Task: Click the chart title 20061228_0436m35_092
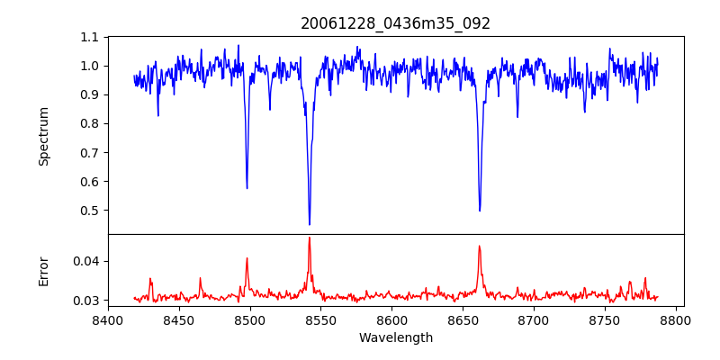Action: (x=395, y=23)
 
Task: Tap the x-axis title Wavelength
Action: (x=395, y=337)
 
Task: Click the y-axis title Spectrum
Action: (x=43, y=136)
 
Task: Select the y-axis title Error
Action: (x=43, y=271)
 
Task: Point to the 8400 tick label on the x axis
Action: (x=108, y=319)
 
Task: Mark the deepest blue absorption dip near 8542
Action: (x=310, y=224)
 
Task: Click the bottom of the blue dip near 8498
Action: (x=247, y=188)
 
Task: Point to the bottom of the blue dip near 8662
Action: (x=480, y=211)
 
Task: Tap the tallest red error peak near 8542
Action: (x=310, y=238)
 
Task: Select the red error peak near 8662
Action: (x=480, y=246)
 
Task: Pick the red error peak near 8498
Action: (x=247, y=258)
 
